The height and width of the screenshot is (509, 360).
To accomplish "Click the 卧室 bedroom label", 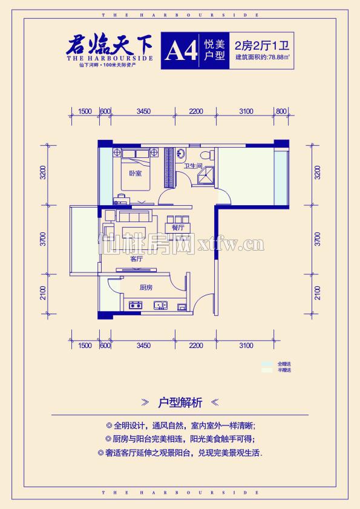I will [135, 173].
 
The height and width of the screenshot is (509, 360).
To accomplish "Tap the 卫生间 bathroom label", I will [193, 165].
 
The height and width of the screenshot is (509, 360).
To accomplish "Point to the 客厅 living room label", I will [137, 258].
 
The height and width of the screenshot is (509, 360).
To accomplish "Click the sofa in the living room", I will [135, 217].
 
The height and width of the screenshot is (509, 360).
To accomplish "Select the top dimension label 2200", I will [195, 111].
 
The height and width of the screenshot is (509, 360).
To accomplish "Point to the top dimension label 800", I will [280, 111].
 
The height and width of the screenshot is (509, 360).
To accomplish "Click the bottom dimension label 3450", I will [143, 345].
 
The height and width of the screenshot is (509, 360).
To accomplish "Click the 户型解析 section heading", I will [180, 402].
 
